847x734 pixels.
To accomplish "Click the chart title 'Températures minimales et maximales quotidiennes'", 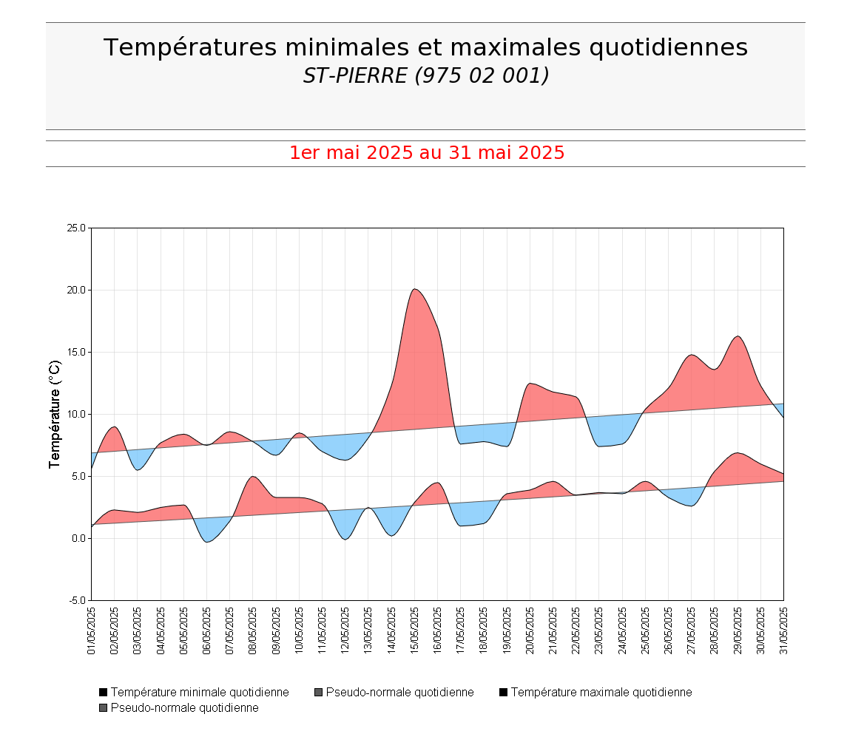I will [425, 47].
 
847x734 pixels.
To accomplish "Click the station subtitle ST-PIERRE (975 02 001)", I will [425, 75].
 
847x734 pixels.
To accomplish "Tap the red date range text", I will [427, 153].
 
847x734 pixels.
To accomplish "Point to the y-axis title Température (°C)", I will [54, 414].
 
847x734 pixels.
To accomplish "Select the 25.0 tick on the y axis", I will [77, 228].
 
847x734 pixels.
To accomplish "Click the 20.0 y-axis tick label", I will [77, 290].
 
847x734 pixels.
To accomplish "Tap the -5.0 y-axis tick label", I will [78, 600].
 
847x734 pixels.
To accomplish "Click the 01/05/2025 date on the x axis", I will [92, 631].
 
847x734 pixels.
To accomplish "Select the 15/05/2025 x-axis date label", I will [414, 631].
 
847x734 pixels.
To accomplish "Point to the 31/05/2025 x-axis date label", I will [783, 631].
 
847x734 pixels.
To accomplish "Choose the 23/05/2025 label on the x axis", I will [599, 631].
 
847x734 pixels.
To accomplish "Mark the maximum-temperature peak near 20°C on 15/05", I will [415, 289].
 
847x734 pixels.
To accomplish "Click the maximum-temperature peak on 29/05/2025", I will [738, 336].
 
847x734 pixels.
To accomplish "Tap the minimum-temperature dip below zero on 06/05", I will [208, 542].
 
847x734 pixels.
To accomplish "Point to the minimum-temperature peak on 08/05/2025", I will [253, 477].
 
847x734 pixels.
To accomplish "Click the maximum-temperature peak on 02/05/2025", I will [114, 427].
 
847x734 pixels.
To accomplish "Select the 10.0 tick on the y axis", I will [77, 414].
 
